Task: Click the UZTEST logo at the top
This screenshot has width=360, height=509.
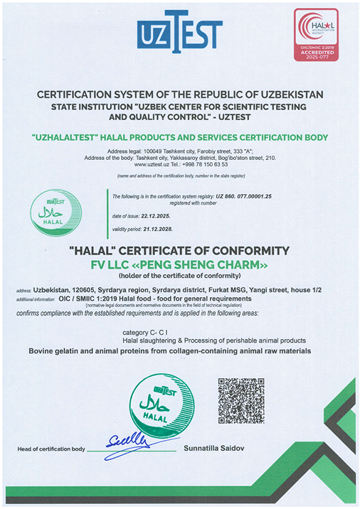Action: [180, 32]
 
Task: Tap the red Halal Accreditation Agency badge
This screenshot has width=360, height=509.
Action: [319, 38]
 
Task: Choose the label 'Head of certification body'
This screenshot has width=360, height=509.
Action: [51, 450]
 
